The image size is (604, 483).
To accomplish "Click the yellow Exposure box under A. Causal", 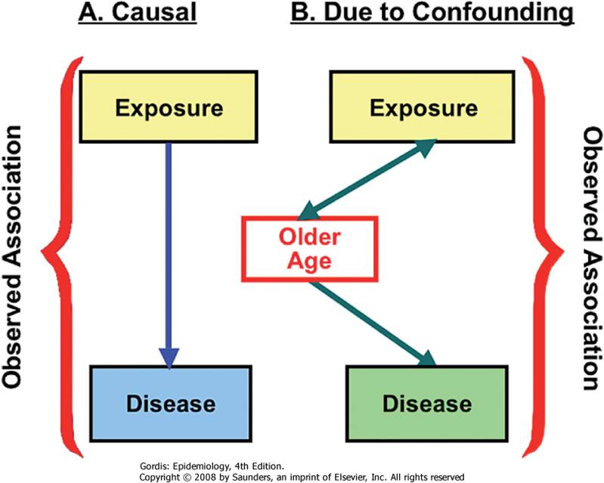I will coord(169,106).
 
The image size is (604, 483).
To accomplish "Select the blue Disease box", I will coord(169,402).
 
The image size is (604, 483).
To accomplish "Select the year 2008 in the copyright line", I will coord(209,475).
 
